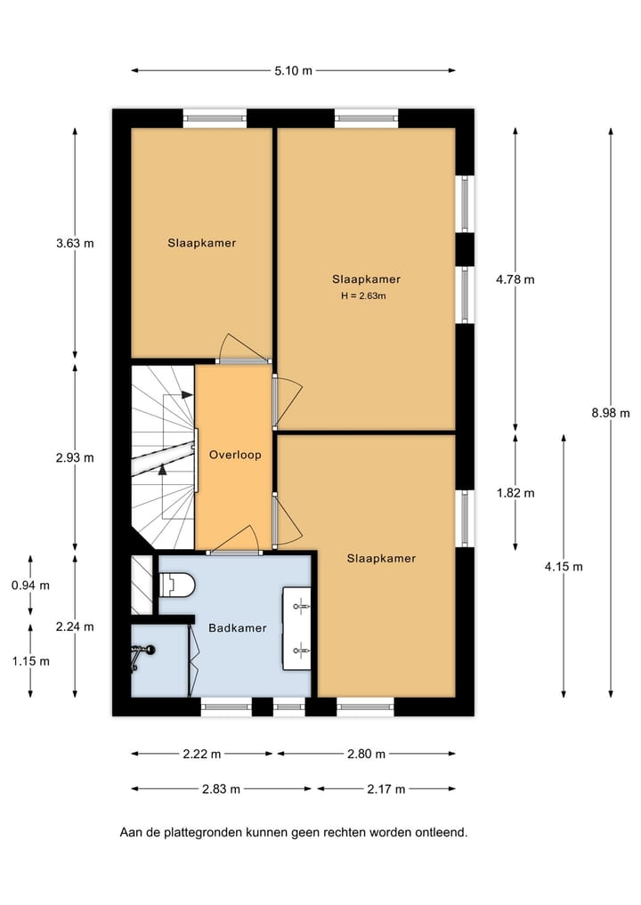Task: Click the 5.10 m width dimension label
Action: [293, 70]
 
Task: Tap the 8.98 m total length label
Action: [611, 412]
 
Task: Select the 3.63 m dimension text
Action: [75, 242]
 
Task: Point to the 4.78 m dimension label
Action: [515, 279]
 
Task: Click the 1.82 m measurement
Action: [515, 492]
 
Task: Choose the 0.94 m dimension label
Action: [30, 585]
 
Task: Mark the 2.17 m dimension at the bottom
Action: [386, 788]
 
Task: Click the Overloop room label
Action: [235, 455]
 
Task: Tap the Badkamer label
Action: [238, 627]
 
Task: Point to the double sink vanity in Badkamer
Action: [296, 628]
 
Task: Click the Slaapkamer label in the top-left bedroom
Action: [202, 242]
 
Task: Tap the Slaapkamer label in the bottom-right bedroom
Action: [381, 558]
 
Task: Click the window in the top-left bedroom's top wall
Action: [215, 117]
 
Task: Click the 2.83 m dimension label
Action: [223, 788]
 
